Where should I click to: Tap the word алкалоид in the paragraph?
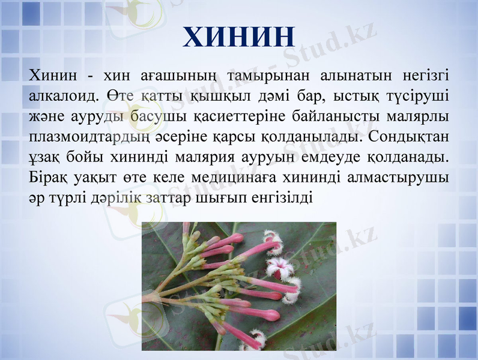coord(61,95)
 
